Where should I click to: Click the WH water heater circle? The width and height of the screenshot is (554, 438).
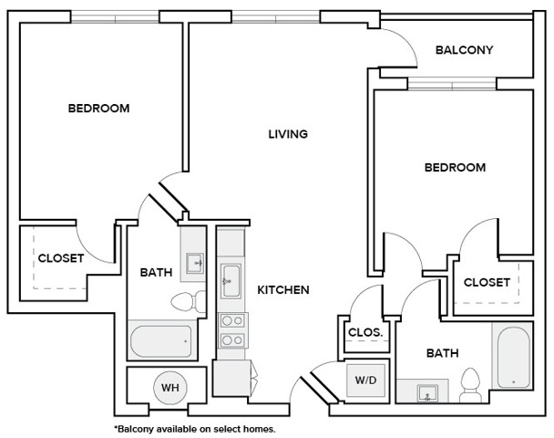click(169, 387)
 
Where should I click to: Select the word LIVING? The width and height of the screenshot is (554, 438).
click(288, 134)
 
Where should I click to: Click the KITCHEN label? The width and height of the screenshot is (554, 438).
click(283, 290)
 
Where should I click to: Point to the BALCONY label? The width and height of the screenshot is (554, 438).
click(464, 50)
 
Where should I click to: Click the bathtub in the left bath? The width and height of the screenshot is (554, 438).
click(161, 341)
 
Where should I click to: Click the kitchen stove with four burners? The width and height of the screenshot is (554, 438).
click(231, 329)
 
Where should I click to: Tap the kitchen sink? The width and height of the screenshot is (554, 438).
click(231, 276)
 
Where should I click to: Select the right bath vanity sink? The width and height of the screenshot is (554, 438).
click(427, 394)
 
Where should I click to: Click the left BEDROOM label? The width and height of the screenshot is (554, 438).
click(98, 109)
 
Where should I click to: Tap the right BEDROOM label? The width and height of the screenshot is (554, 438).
click(455, 168)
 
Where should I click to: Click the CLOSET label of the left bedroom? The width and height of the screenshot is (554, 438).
click(61, 258)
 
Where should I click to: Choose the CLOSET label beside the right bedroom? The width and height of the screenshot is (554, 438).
click(487, 283)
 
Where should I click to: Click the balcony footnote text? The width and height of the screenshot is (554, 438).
click(194, 428)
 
